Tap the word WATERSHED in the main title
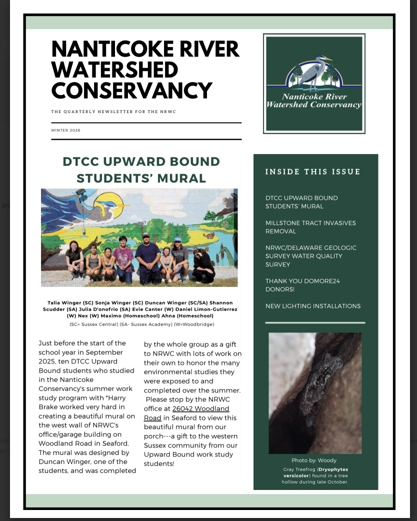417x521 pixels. (x=114, y=70)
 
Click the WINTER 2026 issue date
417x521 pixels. (x=65, y=130)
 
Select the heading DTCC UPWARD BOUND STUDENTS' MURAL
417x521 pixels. (x=141, y=169)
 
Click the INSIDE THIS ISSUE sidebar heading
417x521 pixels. (x=312, y=172)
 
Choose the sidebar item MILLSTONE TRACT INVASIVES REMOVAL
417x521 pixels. (x=310, y=227)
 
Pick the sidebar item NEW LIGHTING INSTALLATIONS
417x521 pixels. (x=313, y=306)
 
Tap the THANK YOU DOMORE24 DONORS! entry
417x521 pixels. (x=302, y=285)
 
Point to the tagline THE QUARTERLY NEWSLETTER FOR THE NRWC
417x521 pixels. (x=113, y=111)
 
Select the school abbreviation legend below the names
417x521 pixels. (x=141, y=324)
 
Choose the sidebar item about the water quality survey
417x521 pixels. (x=311, y=256)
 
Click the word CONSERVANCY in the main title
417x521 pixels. (x=132, y=90)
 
